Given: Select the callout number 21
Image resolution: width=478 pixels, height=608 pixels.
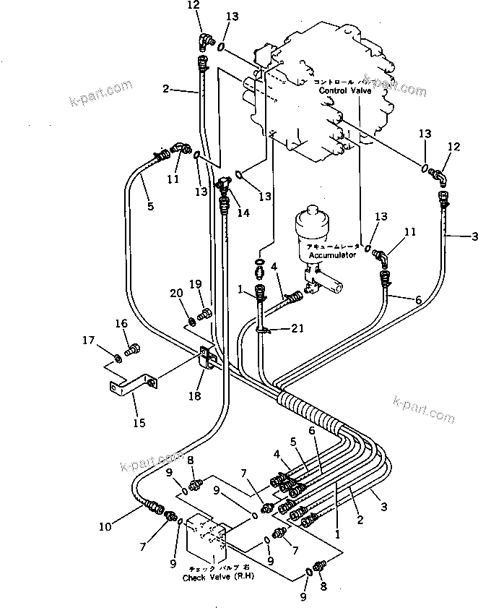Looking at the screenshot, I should pyautogui.click(x=297, y=309).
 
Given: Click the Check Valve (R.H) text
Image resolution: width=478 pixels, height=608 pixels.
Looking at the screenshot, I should pyautogui.click(x=208, y=578).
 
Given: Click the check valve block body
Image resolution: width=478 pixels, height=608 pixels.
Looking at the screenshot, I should pyautogui.click(x=207, y=539).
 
